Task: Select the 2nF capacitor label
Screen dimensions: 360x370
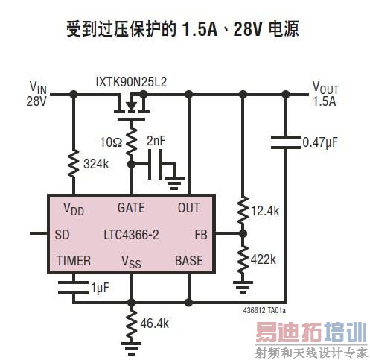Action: click(x=157, y=139)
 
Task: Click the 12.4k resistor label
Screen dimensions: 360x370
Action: click(x=265, y=212)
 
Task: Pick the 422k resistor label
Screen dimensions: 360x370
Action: click(x=264, y=259)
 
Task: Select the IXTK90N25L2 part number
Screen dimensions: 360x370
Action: click(x=131, y=80)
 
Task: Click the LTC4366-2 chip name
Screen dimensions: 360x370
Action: click(x=131, y=234)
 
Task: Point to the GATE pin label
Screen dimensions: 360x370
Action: click(x=131, y=208)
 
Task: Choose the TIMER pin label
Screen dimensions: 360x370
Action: click(x=74, y=260)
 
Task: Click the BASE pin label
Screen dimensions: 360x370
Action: click(x=188, y=260)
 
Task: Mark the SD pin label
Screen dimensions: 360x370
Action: click(x=63, y=234)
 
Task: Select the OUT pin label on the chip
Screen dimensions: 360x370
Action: click(x=189, y=208)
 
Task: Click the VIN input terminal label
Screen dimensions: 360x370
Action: click(x=37, y=92)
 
